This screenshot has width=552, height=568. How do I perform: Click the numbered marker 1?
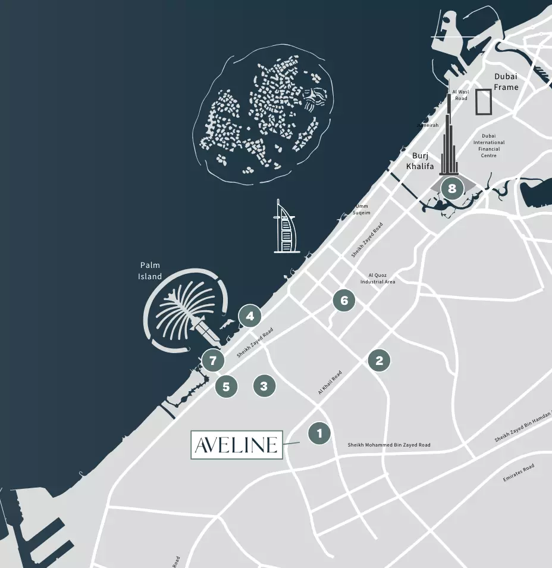point(319,433)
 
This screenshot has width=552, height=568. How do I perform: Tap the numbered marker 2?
point(379,360)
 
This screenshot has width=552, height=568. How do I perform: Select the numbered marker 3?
point(264,386)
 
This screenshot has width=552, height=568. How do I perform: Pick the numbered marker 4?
point(250,316)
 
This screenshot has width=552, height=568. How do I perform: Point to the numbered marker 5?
point(226,386)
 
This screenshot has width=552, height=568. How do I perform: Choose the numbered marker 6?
point(344,300)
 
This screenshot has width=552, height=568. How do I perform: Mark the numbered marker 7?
point(212,360)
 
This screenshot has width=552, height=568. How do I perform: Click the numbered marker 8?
point(452,189)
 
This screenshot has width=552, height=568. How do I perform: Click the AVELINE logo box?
point(237,445)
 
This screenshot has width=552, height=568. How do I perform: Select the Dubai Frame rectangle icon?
point(484,102)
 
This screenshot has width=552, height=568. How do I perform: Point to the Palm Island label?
point(150,271)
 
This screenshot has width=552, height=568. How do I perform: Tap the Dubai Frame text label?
point(506,82)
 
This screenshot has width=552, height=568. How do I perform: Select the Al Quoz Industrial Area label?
point(378,279)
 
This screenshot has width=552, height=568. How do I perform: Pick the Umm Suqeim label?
point(361,210)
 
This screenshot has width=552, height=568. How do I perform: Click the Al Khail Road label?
point(330,383)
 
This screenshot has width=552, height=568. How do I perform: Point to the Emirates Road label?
point(519,472)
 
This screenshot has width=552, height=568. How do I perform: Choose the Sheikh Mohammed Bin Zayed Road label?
point(389,445)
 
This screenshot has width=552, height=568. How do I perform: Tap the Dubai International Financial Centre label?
point(489,146)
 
